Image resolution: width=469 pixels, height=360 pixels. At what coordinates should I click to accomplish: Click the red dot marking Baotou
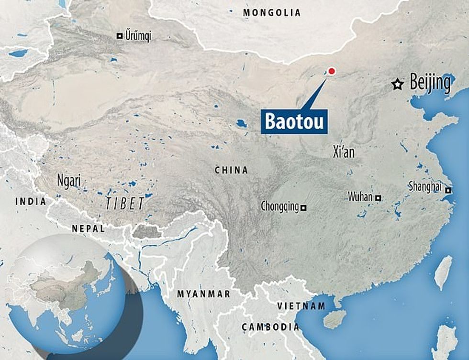tap(332, 72)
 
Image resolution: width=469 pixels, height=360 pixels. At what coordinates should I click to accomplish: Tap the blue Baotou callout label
tap(292, 121)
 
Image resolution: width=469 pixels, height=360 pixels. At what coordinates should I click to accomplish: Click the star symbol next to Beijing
tap(397, 85)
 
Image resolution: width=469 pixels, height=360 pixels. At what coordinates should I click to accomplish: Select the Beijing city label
tap(430, 83)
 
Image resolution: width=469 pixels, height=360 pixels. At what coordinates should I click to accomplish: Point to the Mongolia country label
tap(272, 13)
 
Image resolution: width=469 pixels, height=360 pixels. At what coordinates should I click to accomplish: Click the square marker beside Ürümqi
tap(119, 35)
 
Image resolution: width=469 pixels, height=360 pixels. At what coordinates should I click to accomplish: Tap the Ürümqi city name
tap(137, 36)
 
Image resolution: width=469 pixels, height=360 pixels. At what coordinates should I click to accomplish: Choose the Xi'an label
tap(344, 152)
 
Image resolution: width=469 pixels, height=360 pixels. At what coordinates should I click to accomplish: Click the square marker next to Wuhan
tap(378, 197)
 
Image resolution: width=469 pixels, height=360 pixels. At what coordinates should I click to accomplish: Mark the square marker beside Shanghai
tap(448, 191)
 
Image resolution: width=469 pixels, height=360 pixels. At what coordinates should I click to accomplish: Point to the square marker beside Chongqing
tap(303, 207)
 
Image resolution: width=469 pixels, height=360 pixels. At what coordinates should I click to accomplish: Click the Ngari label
tap(68, 181)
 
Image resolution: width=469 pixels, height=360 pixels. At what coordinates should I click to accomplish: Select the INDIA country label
tap(31, 201)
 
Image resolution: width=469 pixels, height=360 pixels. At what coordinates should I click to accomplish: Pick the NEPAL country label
tap(89, 229)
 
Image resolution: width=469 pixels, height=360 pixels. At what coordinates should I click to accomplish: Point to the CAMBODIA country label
tap(270, 327)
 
